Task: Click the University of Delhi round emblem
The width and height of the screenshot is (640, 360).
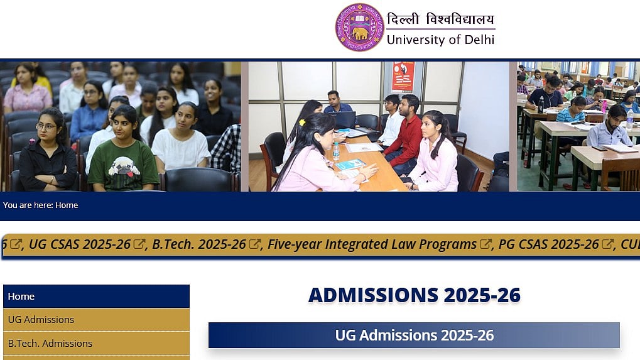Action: point(359,28)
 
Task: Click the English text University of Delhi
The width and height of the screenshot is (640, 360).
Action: point(440,40)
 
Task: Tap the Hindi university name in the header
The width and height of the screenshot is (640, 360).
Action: point(440,19)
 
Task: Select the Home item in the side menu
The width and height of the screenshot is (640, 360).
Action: point(96,297)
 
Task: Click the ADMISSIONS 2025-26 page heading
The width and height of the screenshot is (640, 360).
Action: point(415,295)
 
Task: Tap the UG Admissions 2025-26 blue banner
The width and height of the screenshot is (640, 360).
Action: point(414,335)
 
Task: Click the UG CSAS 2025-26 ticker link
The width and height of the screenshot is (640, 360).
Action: point(80,244)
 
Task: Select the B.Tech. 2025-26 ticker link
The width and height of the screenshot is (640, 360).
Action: point(198,244)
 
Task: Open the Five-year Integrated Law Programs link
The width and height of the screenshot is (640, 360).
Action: point(372,244)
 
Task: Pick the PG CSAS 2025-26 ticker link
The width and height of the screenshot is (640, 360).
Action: point(548,244)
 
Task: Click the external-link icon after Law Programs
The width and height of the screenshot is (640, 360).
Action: point(485,244)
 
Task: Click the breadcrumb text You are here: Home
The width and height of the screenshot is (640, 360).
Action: point(40,205)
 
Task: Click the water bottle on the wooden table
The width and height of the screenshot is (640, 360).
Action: point(336,151)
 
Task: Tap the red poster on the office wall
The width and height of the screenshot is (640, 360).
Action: point(403,77)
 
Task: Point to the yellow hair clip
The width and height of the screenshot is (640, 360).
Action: point(302,122)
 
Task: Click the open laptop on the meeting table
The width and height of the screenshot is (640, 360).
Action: point(343,120)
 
